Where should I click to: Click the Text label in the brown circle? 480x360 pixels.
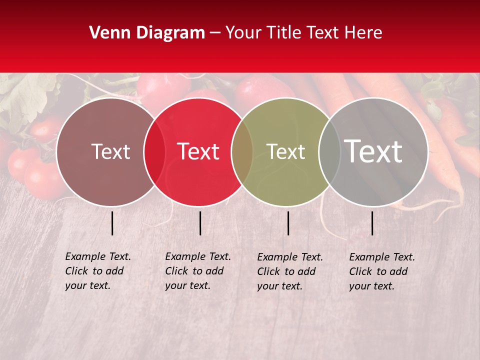click(110, 151)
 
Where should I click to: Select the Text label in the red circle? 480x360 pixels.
click(198, 151)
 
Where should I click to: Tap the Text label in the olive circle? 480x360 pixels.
click(285, 151)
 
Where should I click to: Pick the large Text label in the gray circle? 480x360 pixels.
click(373, 151)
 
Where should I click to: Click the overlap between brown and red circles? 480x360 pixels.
click(154, 151)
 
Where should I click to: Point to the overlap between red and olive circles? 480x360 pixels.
click(242, 151)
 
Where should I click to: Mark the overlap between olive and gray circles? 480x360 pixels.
click(329, 151)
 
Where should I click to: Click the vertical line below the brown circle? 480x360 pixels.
click(112, 223)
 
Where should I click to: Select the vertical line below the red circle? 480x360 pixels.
click(200, 223)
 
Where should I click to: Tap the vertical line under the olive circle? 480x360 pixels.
click(288, 223)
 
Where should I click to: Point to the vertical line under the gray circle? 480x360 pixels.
click(372, 223)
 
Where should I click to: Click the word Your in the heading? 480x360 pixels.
click(243, 33)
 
